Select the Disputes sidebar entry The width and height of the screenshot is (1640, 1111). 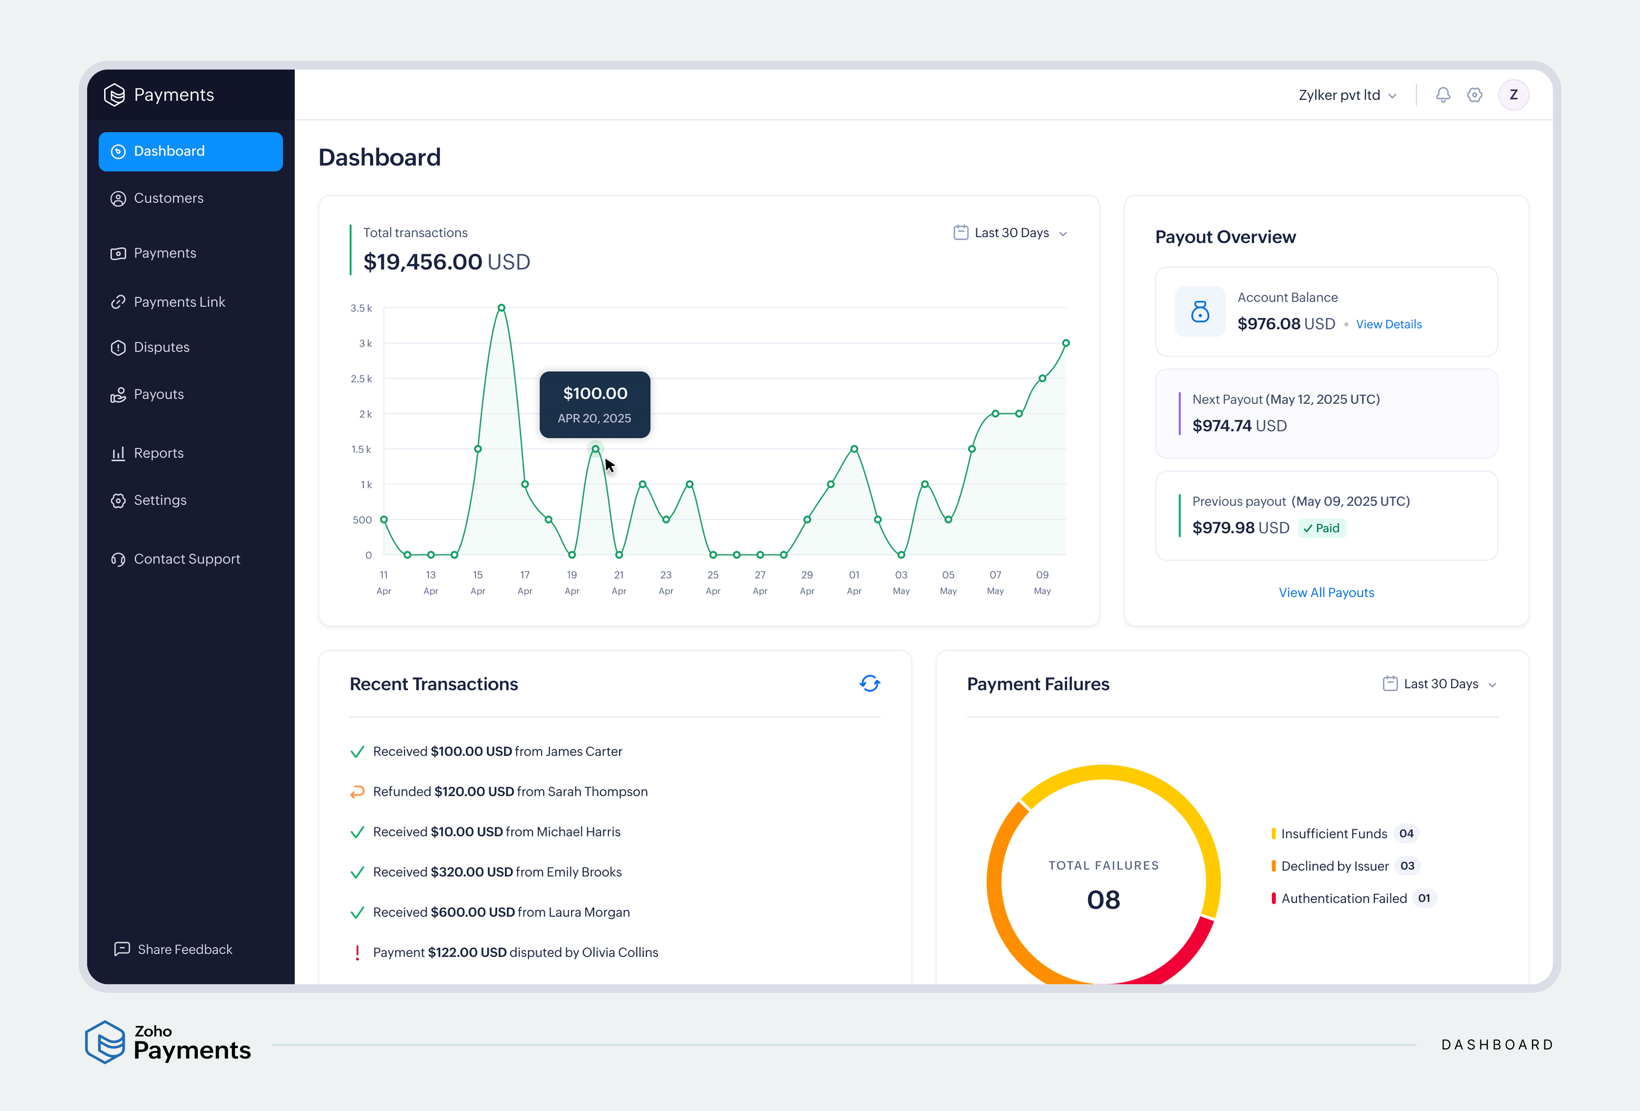coord(161,347)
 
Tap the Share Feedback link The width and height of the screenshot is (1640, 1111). coord(184,949)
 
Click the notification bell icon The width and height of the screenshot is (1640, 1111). coord(1442,94)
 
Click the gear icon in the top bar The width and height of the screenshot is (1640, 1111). coord(1474,94)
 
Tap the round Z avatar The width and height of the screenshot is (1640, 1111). coord(1513,94)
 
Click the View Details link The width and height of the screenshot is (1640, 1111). coord(1388,324)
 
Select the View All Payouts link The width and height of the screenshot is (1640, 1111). coord(1326,592)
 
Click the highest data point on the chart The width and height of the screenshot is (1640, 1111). coord(501,308)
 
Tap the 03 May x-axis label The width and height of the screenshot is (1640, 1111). coord(901,582)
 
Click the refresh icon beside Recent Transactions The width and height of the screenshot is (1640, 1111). coord(870,683)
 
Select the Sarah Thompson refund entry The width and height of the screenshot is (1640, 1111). coord(510,791)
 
